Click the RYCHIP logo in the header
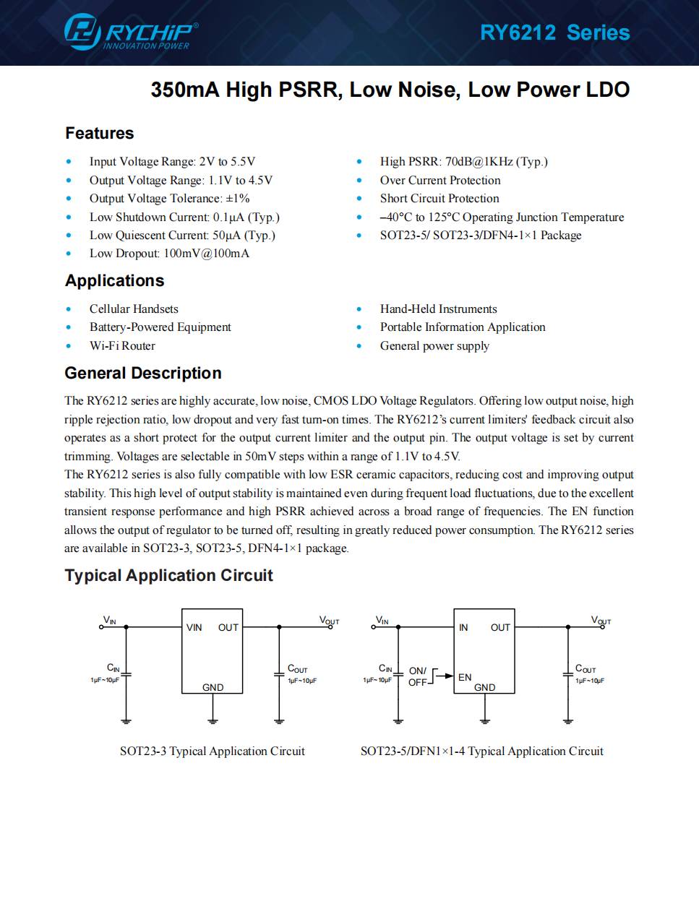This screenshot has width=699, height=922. click(130, 33)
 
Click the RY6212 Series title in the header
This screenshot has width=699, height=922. click(554, 33)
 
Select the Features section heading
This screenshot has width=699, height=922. click(99, 134)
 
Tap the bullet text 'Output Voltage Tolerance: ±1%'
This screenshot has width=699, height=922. click(169, 199)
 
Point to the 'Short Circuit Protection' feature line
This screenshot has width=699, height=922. click(439, 199)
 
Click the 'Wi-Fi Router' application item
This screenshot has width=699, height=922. click(122, 346)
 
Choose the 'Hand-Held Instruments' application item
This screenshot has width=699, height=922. click(438, 309)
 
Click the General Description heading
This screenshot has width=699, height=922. click(143, 374)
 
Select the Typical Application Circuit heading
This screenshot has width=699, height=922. click(168, 576)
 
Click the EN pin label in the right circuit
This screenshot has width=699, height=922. click(465, 677)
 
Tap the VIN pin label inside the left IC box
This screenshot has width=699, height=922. click(194, 628)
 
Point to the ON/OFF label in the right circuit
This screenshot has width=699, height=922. click(418, 676)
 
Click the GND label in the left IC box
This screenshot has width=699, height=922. click(213, 687)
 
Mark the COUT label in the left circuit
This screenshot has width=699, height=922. click(297, 670)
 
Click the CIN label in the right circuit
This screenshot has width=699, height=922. click(385, 669)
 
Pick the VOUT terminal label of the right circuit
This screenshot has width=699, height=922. click(601, 621)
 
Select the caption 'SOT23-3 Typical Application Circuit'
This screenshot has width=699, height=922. click(212, 751)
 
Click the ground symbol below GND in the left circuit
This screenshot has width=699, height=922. click(213, 719)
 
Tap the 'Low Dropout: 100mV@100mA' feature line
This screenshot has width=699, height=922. click(169, 254)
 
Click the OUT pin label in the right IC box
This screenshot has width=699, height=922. click(500, 628)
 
